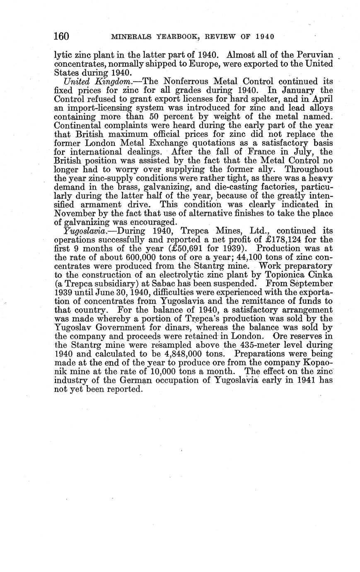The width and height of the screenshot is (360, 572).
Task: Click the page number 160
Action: pyautogui.click(x=61, y=36)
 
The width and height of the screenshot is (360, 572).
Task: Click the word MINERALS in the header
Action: pyautogui.click(x=130, y=36)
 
